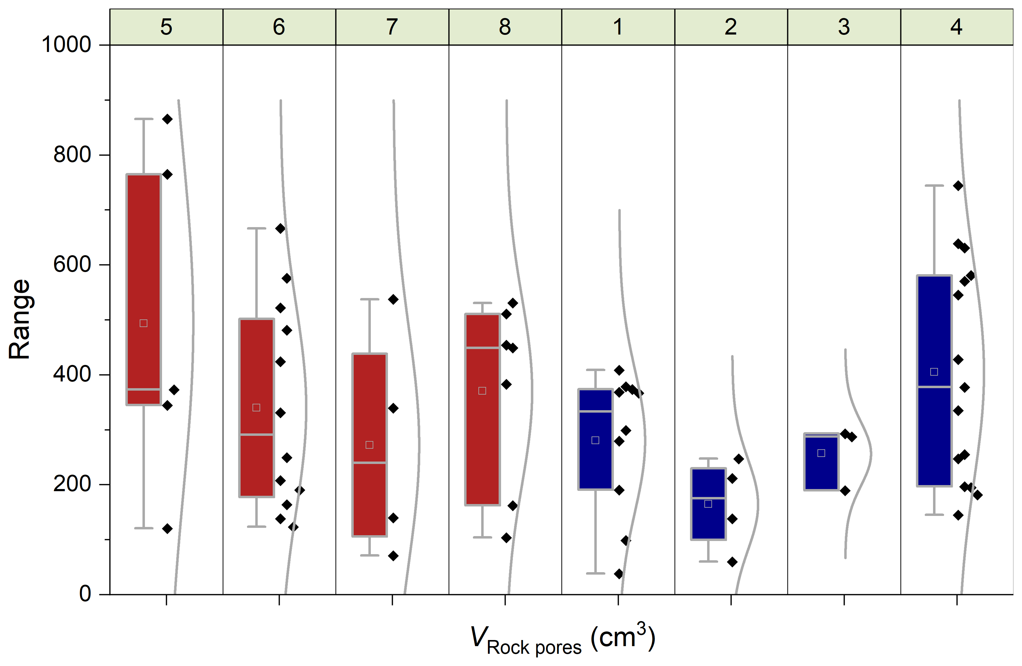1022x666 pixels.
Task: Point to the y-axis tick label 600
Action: [x=72, y=264]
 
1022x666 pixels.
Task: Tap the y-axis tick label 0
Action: [x=85, y=594]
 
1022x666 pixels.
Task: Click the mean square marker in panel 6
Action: [x=256, y=407]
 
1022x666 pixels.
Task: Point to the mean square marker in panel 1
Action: [x=595, y=440]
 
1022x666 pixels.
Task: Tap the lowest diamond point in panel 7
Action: [x=393, y=556]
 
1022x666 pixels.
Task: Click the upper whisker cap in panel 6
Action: [x=256, y=228]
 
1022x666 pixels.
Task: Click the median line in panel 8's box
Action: [x=482, y=348]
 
